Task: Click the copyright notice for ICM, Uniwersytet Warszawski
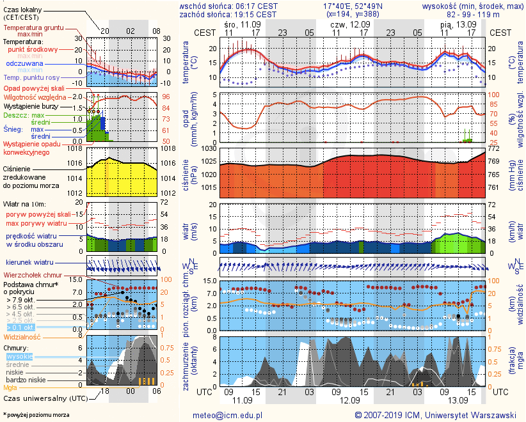point(435,415)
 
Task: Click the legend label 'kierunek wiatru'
point(28,262)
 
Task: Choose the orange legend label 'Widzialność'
point(22,336)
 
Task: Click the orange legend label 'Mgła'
point(11,387)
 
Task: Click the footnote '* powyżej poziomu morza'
point(36,415)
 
